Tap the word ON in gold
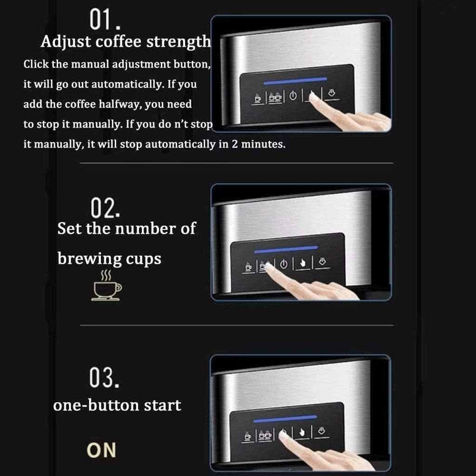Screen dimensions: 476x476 coord(101,450)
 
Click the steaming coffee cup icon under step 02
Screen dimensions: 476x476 coord(106,284)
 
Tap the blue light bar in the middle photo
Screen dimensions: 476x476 coord(286,250)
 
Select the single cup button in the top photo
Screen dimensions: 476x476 coord(258,98)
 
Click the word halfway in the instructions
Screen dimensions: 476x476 coord(121,104)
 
